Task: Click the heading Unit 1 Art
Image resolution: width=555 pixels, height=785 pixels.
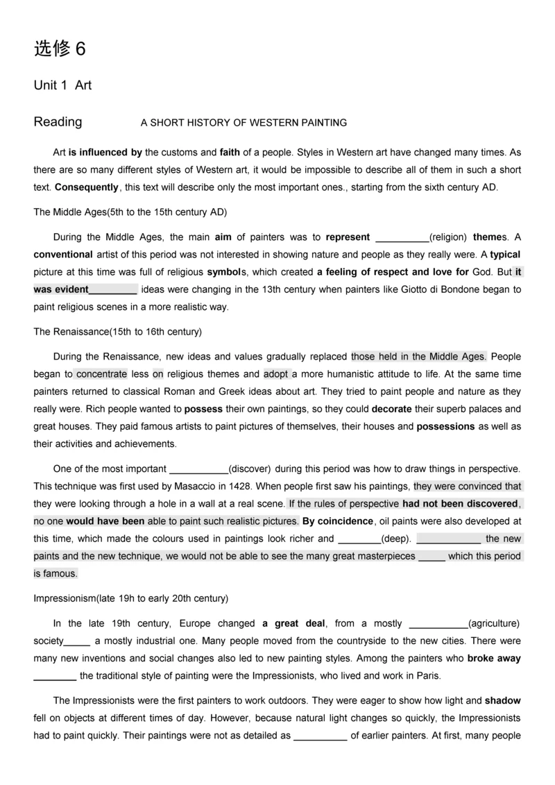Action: click(x=62, y=85)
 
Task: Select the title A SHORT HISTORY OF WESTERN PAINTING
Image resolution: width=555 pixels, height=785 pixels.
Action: click(x=244, y=123)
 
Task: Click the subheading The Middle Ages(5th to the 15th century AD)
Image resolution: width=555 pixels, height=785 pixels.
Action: click(x=130, y=211)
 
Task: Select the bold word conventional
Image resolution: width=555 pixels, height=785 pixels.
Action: click(x=63, y=254)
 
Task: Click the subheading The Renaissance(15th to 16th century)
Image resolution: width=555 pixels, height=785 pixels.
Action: click(x=118, y=332)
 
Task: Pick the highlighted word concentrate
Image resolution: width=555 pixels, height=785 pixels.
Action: click(x=101, y=374)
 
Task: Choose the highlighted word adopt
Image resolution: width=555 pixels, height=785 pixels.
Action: click(x=276, y=374)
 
